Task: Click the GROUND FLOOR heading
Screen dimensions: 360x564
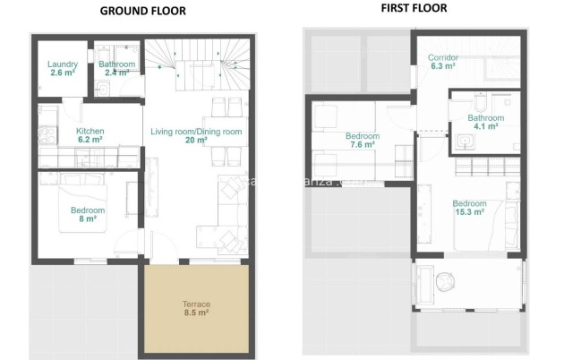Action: [143, 12]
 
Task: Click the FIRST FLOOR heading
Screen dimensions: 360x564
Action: [414, 8]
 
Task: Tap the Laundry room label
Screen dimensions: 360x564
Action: [63, 64]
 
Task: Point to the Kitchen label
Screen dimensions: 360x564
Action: [91, 131]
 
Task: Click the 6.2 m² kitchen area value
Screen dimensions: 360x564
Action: [91, 140]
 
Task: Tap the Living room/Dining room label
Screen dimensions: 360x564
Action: [196, 132]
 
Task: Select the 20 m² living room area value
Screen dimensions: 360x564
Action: [196, 141]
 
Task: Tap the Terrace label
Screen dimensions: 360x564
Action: [196, 304]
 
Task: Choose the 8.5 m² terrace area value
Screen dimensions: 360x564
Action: [196, 313]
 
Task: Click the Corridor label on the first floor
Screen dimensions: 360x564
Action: [443, 56]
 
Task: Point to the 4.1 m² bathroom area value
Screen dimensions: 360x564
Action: [485, 126]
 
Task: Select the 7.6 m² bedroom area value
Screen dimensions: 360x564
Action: [363, 145]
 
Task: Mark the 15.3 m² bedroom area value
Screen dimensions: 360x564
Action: [468, 212]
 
